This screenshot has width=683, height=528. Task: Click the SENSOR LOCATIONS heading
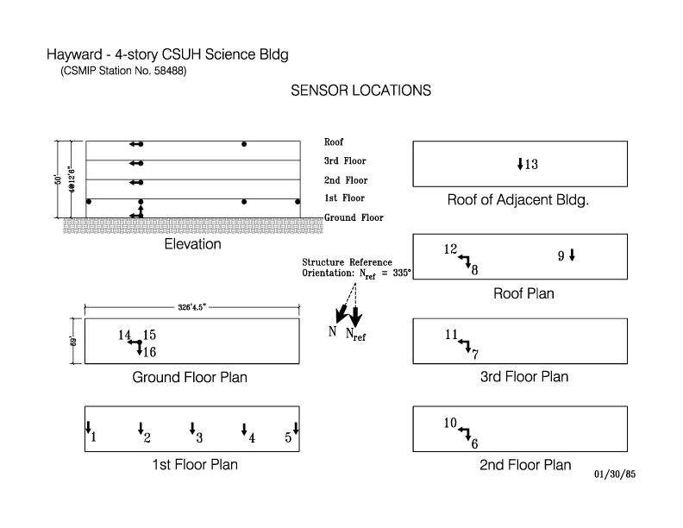coord(360,90)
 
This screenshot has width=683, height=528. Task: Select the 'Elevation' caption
coord(192,244)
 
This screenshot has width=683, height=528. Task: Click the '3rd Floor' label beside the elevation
coord(345,161)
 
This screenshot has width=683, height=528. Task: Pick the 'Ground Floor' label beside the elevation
coord(354,218)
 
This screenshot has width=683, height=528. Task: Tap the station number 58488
coord(168,71)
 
